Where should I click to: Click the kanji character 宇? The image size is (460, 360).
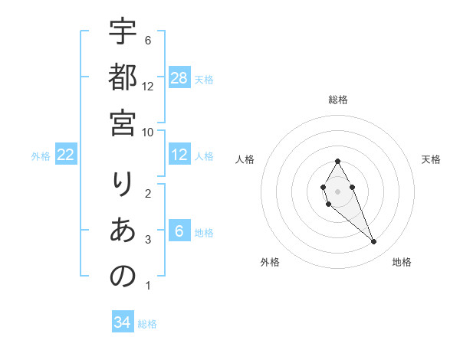tap(123, 33)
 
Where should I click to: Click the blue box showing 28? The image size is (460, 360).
tap(179, 77)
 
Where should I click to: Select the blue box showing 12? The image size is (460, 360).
tap(179, 155)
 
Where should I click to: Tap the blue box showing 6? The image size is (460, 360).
tap(179, 231)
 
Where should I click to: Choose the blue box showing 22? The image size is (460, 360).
tap(66, 155)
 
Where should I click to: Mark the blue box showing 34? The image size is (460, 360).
tap(122, 322)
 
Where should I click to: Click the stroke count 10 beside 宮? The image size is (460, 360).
tap(149, 132)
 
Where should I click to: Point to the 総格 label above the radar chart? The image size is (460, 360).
tap(338, 100)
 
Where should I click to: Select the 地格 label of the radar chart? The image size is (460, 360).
tap(402, 263)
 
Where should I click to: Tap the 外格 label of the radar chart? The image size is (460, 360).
tap(270, 263)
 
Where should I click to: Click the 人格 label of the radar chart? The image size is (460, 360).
tap(245, 159)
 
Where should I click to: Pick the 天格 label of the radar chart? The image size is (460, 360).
tap(432, 159)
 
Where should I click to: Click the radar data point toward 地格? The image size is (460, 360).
tap(374, 242)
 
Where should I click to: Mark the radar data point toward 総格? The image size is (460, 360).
tap(337, 161)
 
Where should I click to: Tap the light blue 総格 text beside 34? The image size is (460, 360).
tap(147, 323)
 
